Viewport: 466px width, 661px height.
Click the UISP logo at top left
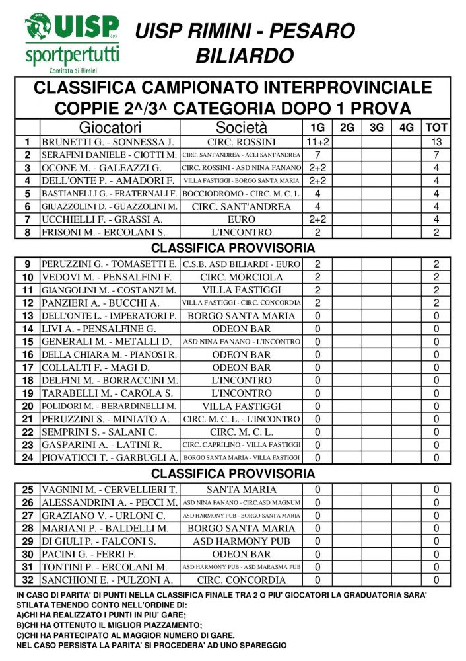click(x=72, y=42)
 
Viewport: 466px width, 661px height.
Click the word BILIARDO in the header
click(x=244, y=56)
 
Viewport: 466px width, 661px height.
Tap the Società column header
click(x=242, y=128)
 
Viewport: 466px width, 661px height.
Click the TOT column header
click(x=436, y=128)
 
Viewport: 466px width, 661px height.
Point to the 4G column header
click(x=407, y=128)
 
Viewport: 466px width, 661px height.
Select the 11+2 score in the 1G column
click(x=317, y=142)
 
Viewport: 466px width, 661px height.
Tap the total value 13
click(x=436, y=142)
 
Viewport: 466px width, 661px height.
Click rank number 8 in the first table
click(x=27, y=232)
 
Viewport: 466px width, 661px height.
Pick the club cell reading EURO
click(x=242, y=219)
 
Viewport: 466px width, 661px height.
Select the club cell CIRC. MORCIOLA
click(x=242, y=277)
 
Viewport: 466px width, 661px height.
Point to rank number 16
click(x=27, y=354)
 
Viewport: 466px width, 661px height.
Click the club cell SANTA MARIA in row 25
click(x=242, y=490)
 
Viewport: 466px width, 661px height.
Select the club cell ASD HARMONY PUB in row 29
click(x=242, y=541)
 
